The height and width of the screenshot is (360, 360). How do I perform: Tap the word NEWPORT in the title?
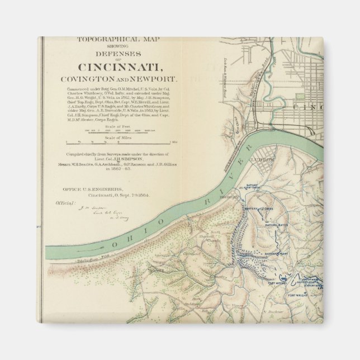click(x=160, y=80)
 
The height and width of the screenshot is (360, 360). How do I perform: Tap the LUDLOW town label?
click(x=267, y=159)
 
